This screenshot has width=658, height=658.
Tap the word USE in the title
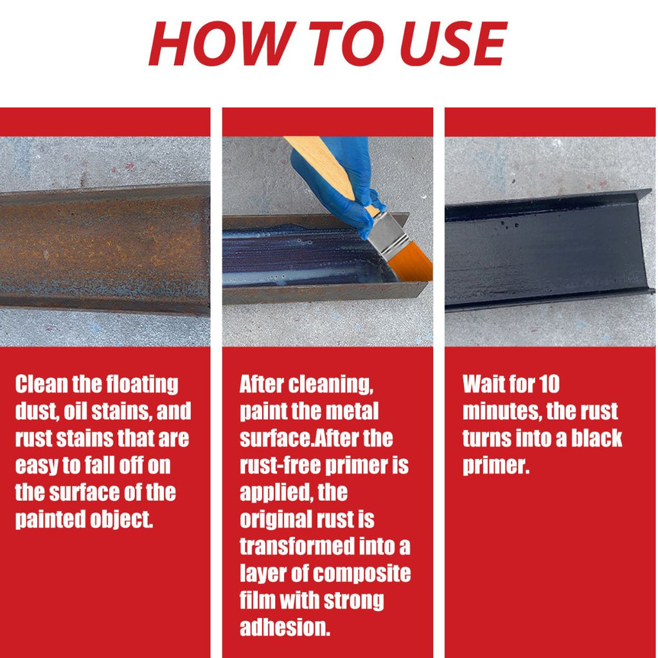pos(453,43)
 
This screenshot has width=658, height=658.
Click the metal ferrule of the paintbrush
pos(388,235)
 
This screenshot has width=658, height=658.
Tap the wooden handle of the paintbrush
pos(327,168)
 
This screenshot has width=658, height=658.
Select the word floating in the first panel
pos(142,385)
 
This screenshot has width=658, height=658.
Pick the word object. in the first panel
pos(121,519)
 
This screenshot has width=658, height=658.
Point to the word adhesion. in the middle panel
pos(285,627)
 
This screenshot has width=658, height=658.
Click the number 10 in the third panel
pos(549,384)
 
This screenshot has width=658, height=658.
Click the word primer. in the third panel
pos(496,466)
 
